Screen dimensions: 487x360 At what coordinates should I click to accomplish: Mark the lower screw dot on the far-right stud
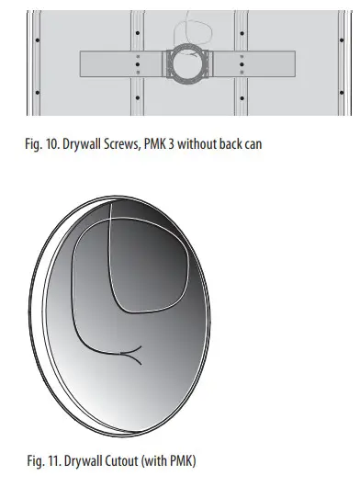[341, 91]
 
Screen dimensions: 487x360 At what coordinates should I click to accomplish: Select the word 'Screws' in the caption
[125, 145]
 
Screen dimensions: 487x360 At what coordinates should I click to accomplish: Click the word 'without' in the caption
[204, 145]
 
